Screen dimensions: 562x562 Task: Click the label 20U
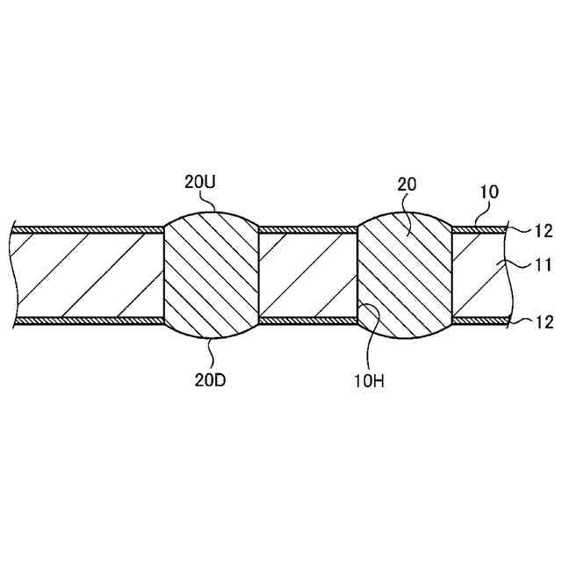coord(198,184)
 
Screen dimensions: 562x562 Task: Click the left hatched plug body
coord(211,274)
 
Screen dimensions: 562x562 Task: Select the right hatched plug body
coord(404,274)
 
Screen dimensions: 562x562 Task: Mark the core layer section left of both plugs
coord(88,274)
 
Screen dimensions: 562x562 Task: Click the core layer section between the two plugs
coord(307,274)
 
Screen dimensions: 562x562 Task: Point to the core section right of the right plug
coord(479,274)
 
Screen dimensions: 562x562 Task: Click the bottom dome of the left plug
coord(211,329)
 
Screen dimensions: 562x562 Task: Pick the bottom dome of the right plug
coord(404,330)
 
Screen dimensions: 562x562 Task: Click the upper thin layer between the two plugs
coord(307,230)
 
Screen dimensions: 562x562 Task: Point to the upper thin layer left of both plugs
coord(88,230)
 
